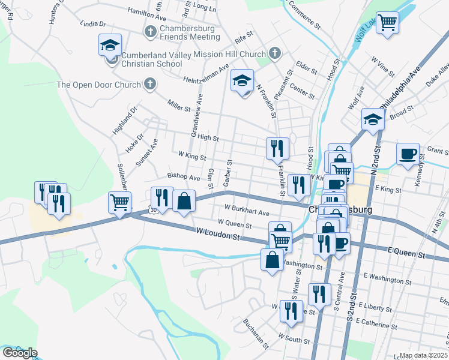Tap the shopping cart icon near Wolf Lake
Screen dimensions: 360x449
coord(387,22)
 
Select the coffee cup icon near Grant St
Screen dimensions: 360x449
coord(408,154)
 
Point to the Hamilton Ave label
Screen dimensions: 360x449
coord(147,14)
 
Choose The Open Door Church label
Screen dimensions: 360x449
coord(98,85)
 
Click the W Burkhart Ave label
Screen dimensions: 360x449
coord(247,210)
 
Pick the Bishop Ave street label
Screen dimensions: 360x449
coord(184,178)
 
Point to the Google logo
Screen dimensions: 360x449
coord(20,352)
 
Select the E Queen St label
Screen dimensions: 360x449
coord(406,254)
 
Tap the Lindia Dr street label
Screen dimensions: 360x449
coord(92,25)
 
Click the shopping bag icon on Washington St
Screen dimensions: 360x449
coord(272,260)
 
